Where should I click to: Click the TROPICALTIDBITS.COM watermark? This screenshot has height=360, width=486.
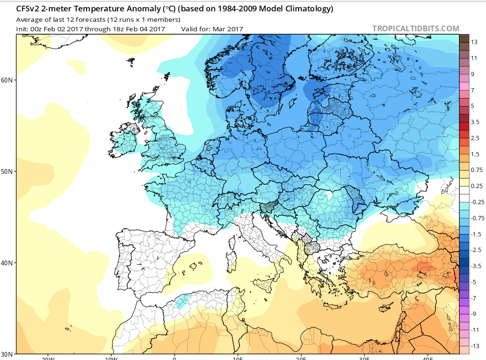(415, 29)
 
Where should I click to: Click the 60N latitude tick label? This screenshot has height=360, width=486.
(7, 80)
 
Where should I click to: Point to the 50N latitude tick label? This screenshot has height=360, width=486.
(7, 171)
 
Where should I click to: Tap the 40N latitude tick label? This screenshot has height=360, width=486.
(7, 263)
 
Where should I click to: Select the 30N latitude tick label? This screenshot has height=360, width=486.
(7, 354)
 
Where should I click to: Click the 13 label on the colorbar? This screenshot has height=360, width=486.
(474, 42)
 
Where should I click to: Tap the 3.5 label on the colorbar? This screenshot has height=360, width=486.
(475, 122)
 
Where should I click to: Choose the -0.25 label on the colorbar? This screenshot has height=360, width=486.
(477, 202)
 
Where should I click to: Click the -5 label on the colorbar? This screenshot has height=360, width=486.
(473, 282)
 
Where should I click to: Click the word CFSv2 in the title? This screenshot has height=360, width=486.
(27, 9)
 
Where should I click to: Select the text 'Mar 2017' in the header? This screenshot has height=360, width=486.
(229, 29)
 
